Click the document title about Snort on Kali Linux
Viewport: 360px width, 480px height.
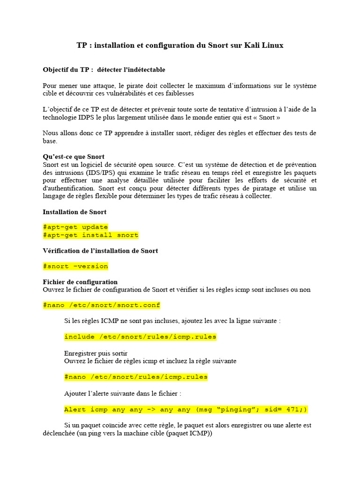pos(180,45)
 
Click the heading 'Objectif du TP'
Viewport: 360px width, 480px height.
pos(104,69)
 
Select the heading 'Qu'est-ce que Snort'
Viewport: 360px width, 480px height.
pos(74,157)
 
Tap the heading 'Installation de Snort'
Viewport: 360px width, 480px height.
pos(75,212)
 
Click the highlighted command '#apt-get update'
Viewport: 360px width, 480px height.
pos(75,227)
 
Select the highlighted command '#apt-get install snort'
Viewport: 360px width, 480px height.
pos(90,235)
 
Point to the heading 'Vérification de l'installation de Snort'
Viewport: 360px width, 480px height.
pos(100,251)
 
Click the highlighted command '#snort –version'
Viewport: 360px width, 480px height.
pos(75,266)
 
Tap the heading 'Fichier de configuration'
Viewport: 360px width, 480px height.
pos(80,282)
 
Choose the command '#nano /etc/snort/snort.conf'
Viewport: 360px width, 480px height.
pos(102,305)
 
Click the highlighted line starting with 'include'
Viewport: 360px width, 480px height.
pos(140,337)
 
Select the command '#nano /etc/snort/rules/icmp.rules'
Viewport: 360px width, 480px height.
pos(136,377)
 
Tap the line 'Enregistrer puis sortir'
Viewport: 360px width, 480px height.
pos(96,353)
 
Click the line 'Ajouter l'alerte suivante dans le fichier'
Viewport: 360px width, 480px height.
pos(122,393)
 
